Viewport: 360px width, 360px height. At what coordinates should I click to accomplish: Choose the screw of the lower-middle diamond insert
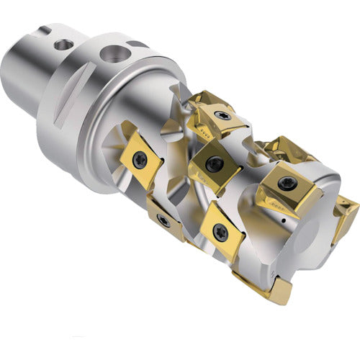[220, 231]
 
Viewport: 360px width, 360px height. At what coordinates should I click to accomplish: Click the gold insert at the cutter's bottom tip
[270, 288]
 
